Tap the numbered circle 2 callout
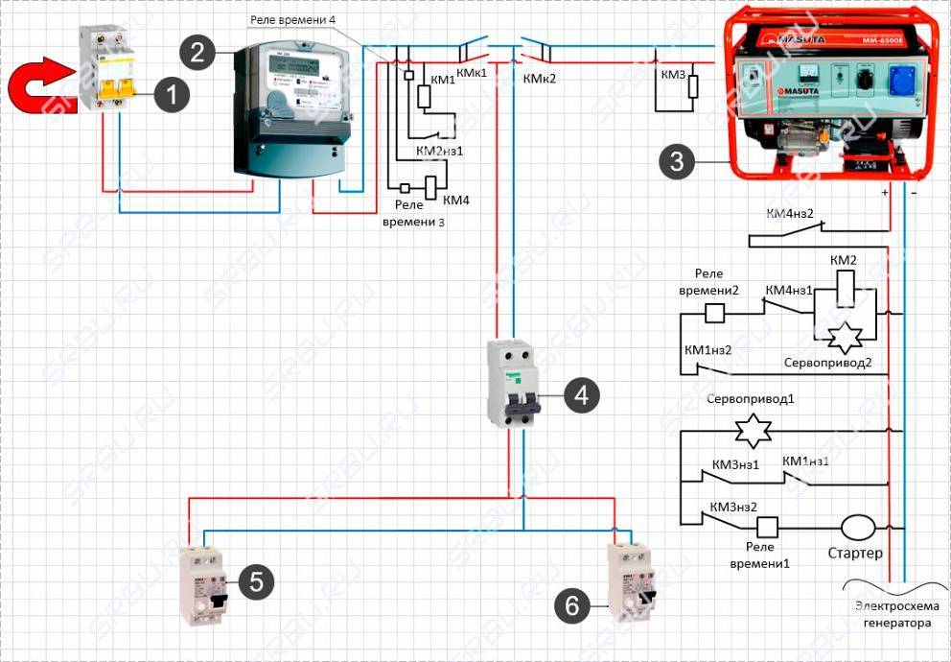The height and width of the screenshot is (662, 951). coord(197,51)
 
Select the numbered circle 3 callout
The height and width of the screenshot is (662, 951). coord(678,161)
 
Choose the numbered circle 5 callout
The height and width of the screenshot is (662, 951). coord(256,580)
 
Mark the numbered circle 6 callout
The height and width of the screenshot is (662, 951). coord(573,604)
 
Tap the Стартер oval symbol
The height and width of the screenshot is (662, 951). coord(858,527)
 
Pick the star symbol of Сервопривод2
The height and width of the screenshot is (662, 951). coord(847,337)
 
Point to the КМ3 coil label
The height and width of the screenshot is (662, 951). coord(673,74)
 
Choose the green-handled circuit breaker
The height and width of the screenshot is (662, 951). coord(513,384)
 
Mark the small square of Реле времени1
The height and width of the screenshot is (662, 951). coord(767,527)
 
